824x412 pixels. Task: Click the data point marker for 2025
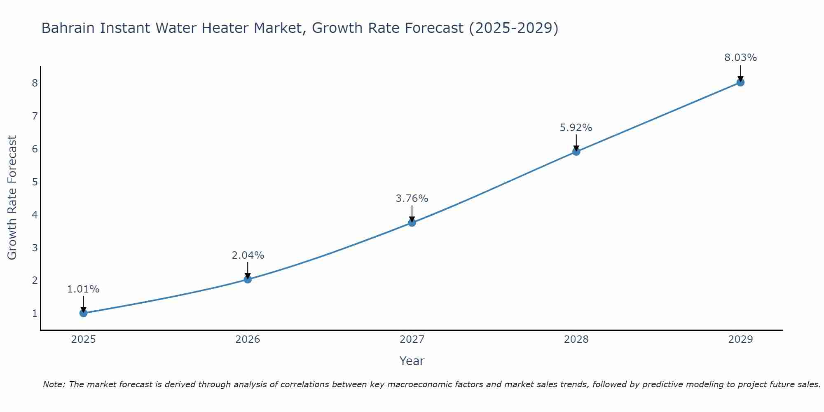[83, 313]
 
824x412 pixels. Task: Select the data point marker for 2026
[248, 279]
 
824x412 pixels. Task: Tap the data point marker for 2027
[412, 223]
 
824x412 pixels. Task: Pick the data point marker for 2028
[576, 152]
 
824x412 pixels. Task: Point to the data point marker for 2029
[740, 82]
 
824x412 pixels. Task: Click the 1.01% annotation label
[83, 289]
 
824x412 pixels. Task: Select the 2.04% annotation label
[248, 255]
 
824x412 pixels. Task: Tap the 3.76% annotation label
[412, 199]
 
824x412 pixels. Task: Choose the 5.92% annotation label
[576, 128]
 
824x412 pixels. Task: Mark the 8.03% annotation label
[740, 58]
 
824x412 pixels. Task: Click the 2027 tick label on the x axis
[412, 339]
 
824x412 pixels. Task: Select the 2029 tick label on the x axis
[740, 339]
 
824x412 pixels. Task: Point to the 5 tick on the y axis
[35, 182]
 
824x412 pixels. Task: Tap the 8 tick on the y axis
[35, 83]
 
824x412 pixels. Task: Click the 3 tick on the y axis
[35, 248]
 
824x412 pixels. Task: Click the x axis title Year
[412, 361]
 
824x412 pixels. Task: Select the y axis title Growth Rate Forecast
[12, 198]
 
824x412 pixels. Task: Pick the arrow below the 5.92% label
[576, 142]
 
